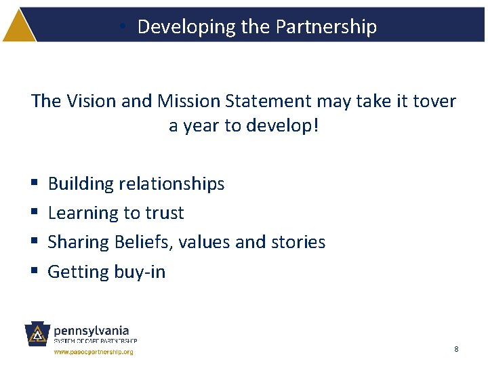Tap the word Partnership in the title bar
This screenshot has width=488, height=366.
[x=326, y=26]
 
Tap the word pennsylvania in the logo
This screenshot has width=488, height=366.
[x=91, y=330]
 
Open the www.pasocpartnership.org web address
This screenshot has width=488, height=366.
[x=94, y=352]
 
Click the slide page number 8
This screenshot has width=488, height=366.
[x=456, y=349]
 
